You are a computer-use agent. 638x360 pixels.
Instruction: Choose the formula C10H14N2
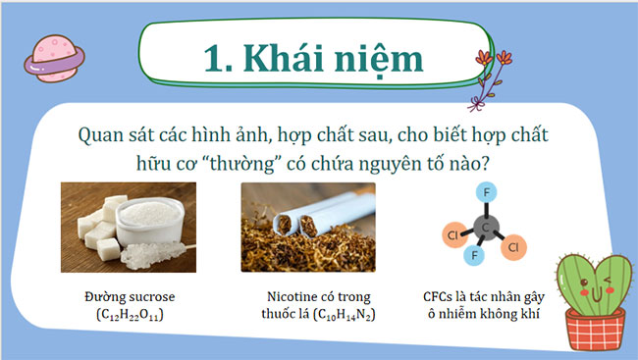(345, 316)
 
